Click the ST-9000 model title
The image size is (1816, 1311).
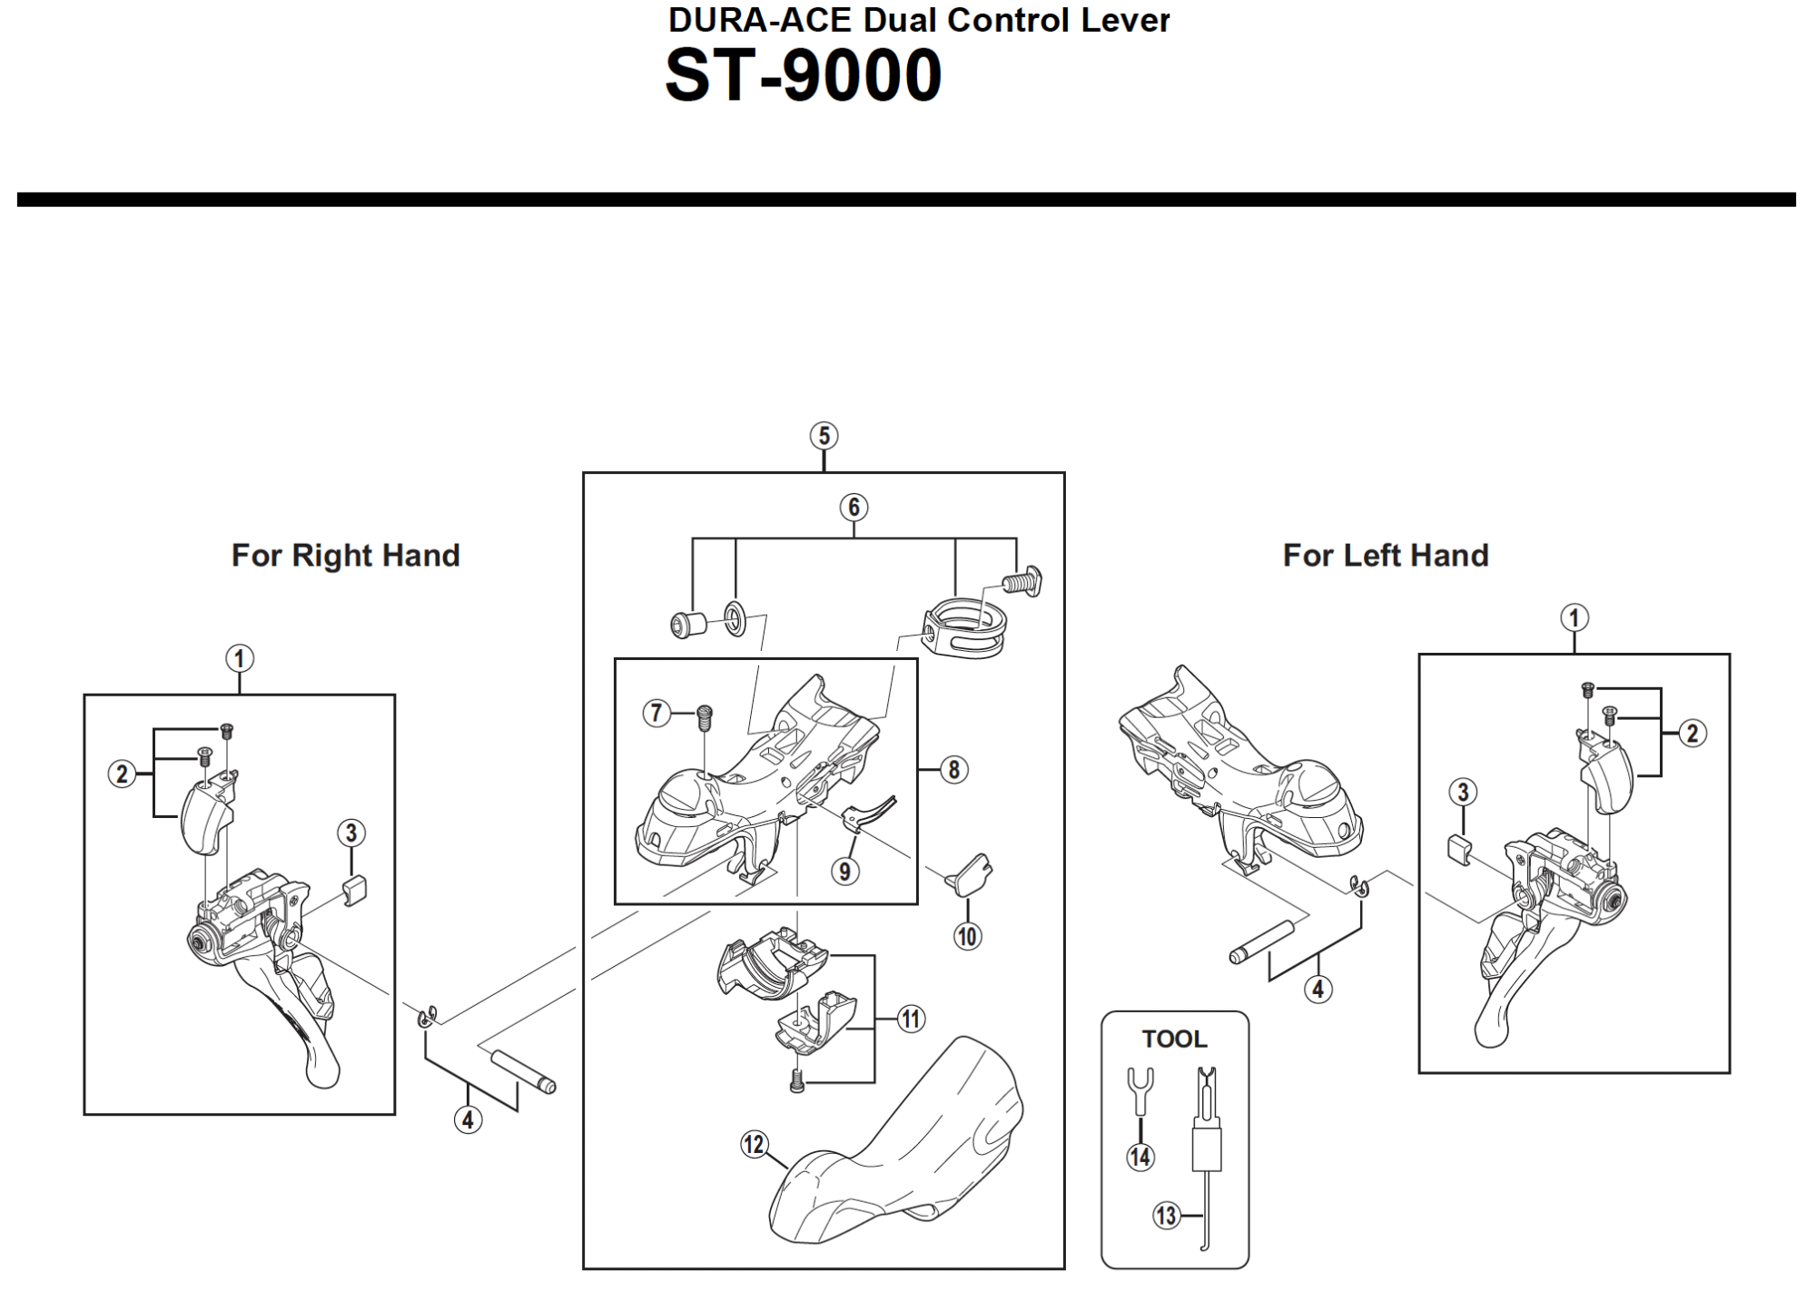point(804,75)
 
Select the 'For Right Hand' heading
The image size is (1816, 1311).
point(346,555)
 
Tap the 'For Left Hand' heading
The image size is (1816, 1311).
point(1386,555)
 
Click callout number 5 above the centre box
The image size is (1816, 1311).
point(824,436)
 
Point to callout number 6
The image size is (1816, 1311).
point(854,507)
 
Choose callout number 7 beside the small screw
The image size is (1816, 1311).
point(656,713)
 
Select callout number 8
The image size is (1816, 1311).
point(953,770)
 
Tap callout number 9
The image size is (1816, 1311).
point(845,872)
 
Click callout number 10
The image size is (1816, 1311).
point(967,936)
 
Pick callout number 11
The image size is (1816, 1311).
point(911,1020)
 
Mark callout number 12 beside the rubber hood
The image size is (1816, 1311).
point(755,1145)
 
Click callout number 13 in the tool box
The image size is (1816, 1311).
point(1166,1215)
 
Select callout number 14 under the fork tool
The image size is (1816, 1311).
point(1140,1157)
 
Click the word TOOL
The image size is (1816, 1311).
point(1174,1039)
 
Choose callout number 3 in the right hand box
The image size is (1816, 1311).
point(351,833)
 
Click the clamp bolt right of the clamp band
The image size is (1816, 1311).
point(1022,578)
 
